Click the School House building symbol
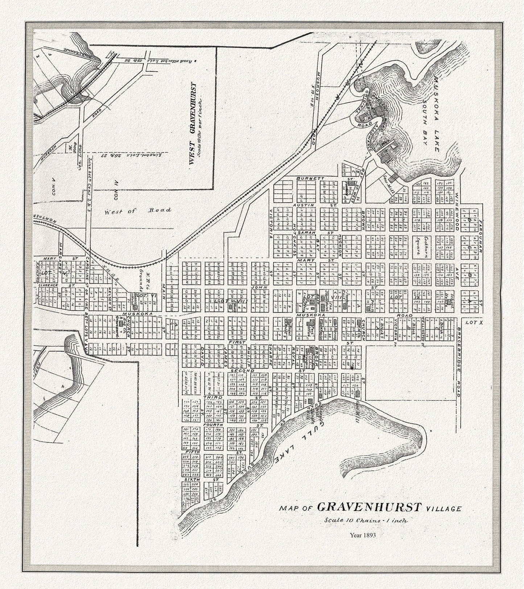[x=449, y=301]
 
